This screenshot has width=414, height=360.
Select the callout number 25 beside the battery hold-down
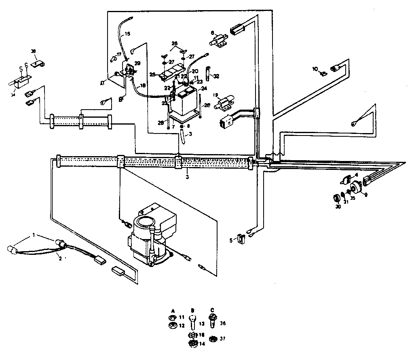coord(152,74)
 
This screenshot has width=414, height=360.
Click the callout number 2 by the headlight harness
coord(61,258)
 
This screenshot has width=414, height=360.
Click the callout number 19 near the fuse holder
coord(215,96)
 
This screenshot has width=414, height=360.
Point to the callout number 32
coord(217,76)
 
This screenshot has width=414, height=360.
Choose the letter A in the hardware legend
coord(173,310)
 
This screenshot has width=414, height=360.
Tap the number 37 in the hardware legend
coord(223,339)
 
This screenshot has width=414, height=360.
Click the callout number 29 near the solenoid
coord(137,64)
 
